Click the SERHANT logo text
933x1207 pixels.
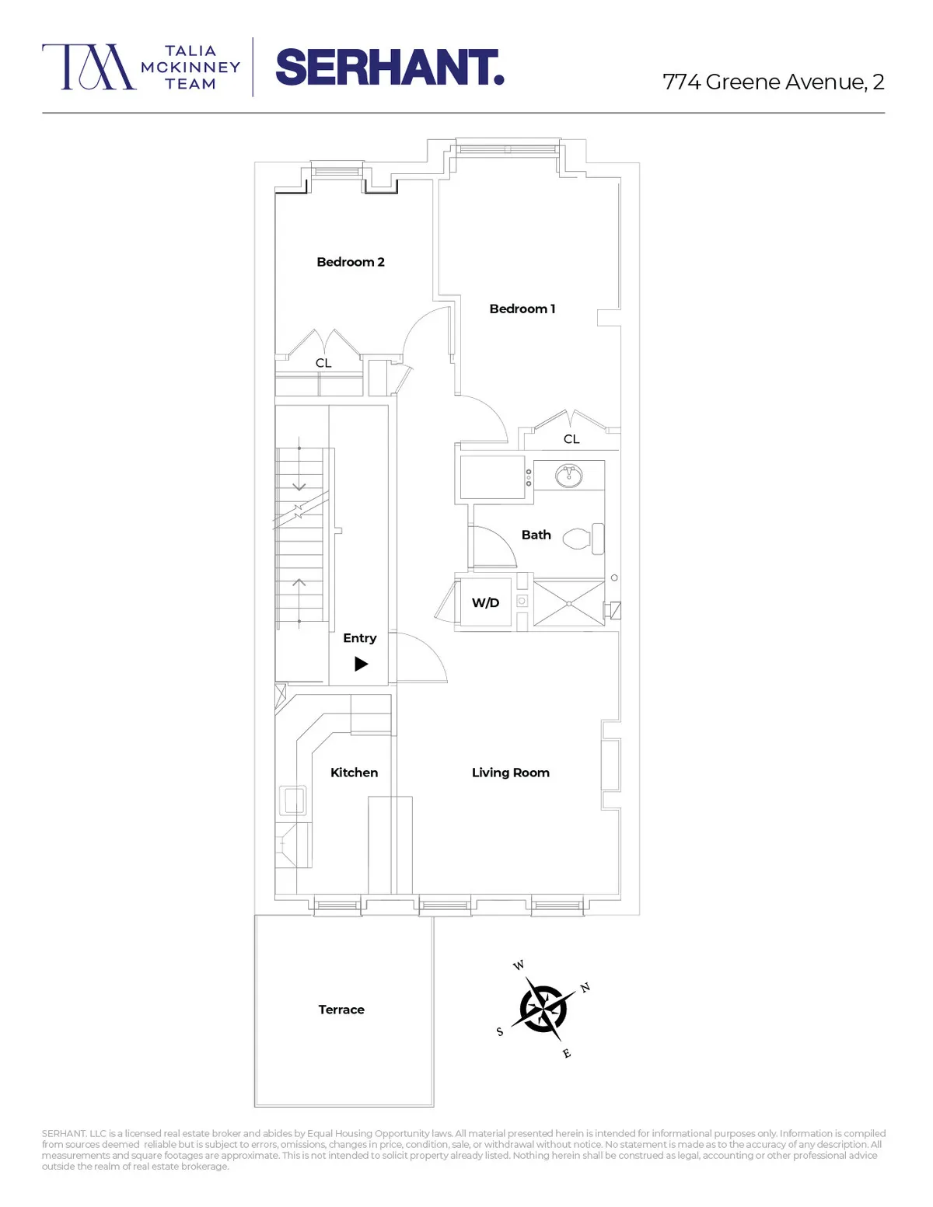coord(390,68)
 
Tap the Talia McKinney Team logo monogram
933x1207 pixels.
coord(89,67)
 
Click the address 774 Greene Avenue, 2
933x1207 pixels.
coord(773,82)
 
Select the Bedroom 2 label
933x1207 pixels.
coord(351,262)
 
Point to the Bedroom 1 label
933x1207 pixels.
coord(522,309)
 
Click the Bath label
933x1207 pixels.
coord(536,535)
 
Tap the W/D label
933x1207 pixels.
coord(485,602)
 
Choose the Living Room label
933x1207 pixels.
coord(510,773)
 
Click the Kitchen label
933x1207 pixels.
coord(354,773)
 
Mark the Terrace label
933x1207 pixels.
coord(341,1010)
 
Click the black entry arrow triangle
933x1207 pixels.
coord(361,664)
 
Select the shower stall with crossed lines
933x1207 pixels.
coord(569,602)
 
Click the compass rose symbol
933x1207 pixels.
coord(543,1009)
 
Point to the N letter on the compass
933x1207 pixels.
coord(585,987)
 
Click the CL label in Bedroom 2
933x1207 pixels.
coord(323,363)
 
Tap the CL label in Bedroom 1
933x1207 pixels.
coord(571,439)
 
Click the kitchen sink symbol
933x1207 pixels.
coord(293,799)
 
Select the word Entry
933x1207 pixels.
coord(359,638)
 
